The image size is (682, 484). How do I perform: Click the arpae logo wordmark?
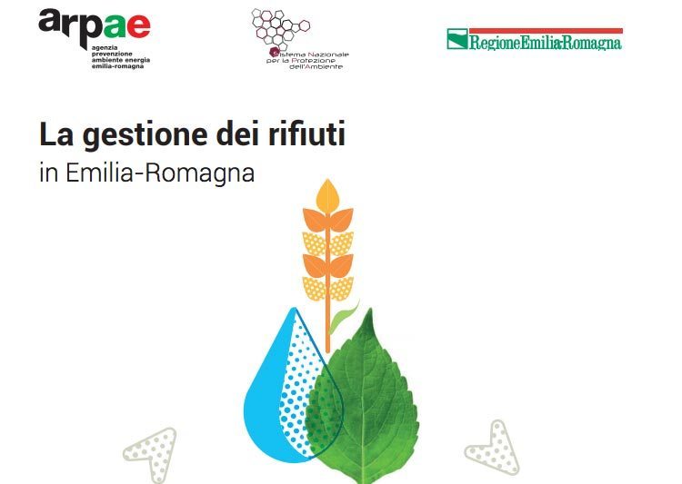pyautogui.click(x=94, y=26)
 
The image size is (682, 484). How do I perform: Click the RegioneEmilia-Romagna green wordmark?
pyautogui.click(x=546, y=43)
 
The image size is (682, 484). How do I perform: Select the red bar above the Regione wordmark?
pyautogui.click(x=546, y=31)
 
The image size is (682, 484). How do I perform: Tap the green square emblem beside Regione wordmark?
pyautogui.click(x=457, y=39)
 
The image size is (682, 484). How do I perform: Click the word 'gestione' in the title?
pyautogui.click(x=145, y=135)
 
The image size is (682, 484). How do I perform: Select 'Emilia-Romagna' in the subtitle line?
pyautogui.click(x=160, y=173)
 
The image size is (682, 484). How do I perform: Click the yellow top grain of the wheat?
pyautogui.click(x=327, y=196)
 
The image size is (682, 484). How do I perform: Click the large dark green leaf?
pyautogui.click(x=363, y=400)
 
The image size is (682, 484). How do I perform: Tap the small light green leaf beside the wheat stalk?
pyautogui.click(x=342, y=320)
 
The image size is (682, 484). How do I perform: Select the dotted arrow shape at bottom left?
pyautogui.click(x=152, y=453)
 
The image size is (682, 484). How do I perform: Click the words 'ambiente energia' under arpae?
pyautogui.click(x=120, y=60)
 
